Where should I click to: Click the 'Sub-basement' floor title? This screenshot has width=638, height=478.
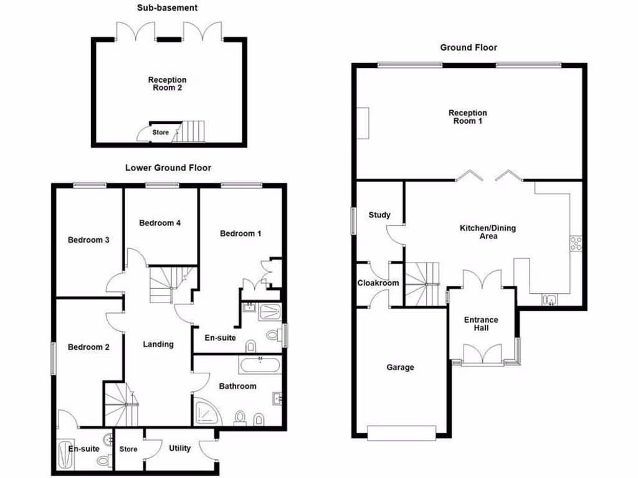167,8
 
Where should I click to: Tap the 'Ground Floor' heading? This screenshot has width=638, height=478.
469,47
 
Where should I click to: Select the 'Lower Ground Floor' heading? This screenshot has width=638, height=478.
168,168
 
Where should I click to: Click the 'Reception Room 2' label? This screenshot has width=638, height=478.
167,84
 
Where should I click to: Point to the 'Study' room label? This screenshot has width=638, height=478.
379,215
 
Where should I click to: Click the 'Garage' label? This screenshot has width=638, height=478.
400,367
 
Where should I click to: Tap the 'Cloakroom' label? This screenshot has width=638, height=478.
378,283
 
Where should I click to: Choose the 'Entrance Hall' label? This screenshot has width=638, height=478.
481,324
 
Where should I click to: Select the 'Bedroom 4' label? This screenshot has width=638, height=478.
160,223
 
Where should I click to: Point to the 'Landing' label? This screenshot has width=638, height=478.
158,344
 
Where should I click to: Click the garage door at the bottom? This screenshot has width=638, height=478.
401,433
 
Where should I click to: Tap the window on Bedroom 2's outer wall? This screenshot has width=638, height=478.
53,357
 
